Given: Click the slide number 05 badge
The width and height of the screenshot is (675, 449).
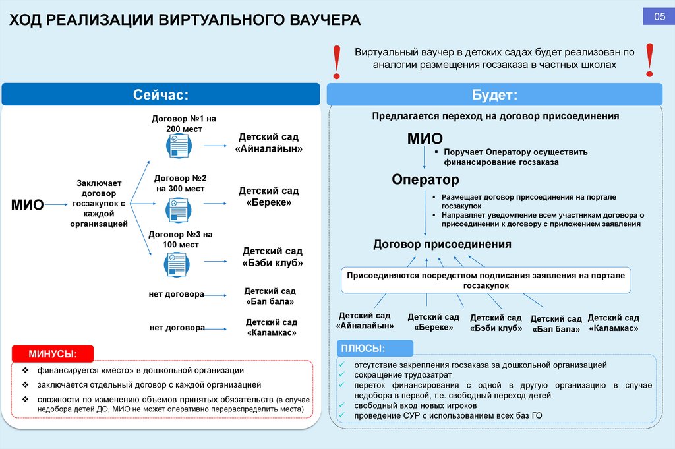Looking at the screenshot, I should [x=659, y=17].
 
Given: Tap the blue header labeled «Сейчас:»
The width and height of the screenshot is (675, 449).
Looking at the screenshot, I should [x=161, y=95].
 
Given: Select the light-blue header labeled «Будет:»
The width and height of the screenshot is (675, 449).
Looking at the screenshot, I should [x=494, y=95].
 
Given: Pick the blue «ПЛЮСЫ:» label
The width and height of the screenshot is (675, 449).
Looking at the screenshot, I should [x=371, y=348].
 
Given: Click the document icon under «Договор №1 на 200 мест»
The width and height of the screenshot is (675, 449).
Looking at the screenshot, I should [x=176, y=145].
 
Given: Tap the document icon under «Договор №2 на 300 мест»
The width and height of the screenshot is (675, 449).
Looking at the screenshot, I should [x=176, y=209].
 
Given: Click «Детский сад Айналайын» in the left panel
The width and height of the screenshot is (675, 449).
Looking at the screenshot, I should [x=268, y=142].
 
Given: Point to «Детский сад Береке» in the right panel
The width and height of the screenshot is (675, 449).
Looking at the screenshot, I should [x=434, y=322].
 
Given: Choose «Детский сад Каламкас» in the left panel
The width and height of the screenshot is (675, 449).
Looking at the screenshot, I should [x=271, y=327].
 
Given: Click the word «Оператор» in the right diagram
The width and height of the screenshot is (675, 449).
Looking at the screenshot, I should [x=425, y=179].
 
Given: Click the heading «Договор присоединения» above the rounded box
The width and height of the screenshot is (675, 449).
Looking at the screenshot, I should [x=442, y=244].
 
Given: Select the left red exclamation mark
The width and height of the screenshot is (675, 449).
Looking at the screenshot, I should [x=337, y=61].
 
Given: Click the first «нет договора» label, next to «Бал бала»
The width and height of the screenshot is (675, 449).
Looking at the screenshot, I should [x=176, y=294].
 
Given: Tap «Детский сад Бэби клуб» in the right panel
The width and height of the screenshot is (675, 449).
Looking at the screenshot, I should [x=496, y=322].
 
